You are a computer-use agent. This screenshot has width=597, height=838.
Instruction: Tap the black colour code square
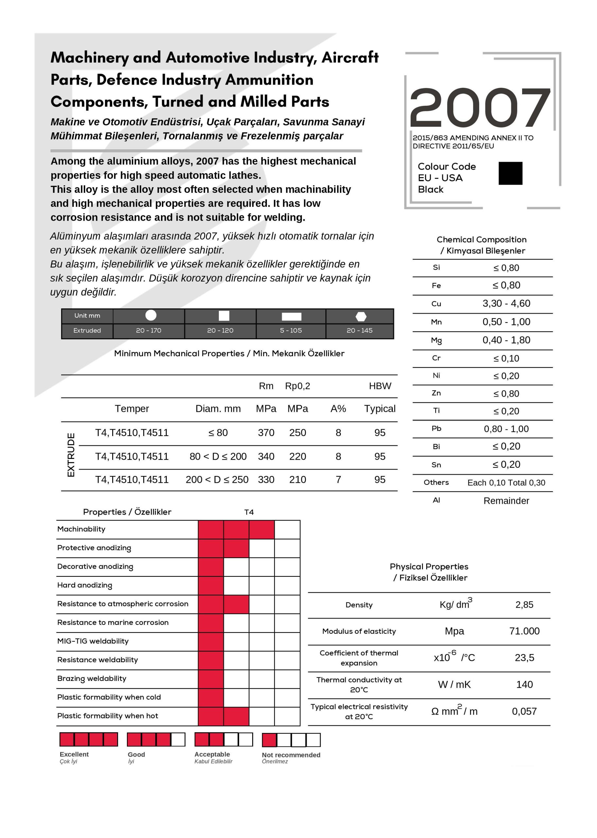tap(510, 173)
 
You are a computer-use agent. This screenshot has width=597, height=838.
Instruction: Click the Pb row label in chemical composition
tap(436, 428)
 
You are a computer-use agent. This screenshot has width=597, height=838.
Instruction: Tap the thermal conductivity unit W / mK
tap(454, 684)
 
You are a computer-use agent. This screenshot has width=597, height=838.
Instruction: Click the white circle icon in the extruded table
tap(151, 315)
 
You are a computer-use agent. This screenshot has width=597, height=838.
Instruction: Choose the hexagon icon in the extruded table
tap(361, 316)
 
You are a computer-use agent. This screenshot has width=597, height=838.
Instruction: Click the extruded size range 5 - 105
tap(291, 330)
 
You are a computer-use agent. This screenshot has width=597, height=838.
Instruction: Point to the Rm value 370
tap(266, 433)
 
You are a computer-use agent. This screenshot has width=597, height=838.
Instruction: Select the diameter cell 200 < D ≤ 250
tap(217, 480)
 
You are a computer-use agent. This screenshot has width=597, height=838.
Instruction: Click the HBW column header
tap(380, 386)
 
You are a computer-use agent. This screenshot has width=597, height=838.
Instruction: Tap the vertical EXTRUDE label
tap(71, 455)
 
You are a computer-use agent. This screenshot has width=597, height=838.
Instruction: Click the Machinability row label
tap(81, 529)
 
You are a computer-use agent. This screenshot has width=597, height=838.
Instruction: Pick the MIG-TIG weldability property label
tap(93, 641)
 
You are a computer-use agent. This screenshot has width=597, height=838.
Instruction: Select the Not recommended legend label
tap(291, 755)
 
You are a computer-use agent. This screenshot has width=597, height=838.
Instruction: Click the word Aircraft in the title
tap(350, 57)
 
